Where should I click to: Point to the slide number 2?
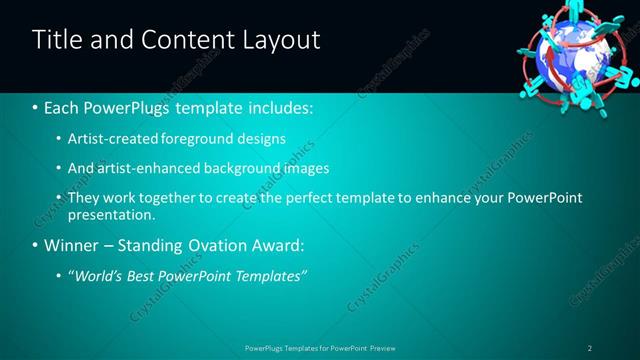click(589, 348)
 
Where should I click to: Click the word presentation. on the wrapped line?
click(111, 215)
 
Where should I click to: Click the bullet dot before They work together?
click(58, 198)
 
